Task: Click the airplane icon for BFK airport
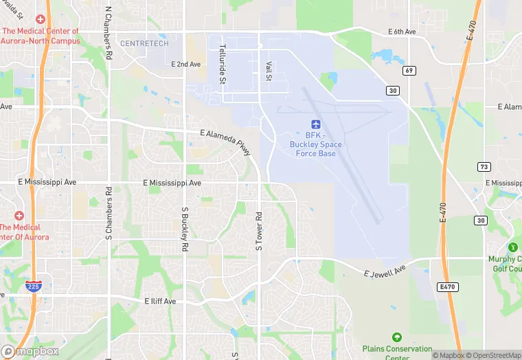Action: pyautogui.click(x=316, y=124)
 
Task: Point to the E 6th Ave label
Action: pyautogui.click(x=402, y=32)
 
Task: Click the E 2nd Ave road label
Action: pyautogui.click(x=185, y=64)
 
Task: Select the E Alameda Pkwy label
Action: pyautogui.click(x=226, y=143)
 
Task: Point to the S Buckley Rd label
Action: pyautogui.click(x=185, y=228)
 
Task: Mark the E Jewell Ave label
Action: pyautogui.click(x=386, y=270)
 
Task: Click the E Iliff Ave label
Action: pyautogui.click(x=160, y=301)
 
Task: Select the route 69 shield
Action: pyautogui.click(x=410, y=70)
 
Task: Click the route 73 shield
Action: pyautogui.click(x=484, y=167)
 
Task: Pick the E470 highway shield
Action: pyautogui.click(x=448, y=286)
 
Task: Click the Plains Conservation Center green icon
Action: pyautogui.click(x=396, y=337)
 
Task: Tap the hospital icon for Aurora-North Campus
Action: pyautogui.click(x=41, y=20)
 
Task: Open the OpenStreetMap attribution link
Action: pyautogui.click(x=492, y=355)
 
